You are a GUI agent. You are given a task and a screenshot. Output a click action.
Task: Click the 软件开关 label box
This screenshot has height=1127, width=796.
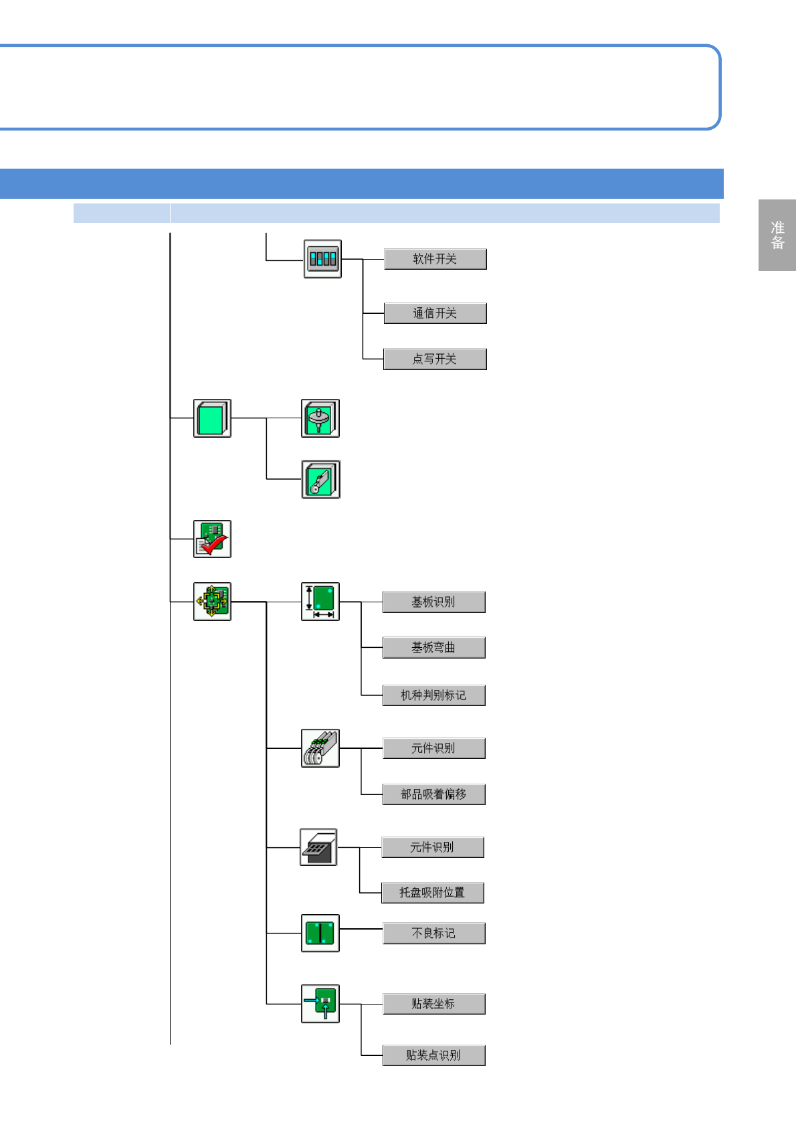click(435, 259)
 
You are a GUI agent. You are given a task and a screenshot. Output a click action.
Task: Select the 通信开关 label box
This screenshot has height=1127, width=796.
click(435, 313)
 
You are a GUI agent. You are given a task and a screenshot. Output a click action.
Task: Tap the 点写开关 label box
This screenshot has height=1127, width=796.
click(435, 359)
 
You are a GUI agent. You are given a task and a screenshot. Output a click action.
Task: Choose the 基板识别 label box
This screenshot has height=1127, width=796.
click(433, 602)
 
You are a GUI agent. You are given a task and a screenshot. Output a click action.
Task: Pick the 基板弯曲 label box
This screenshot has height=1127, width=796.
click(433, 648)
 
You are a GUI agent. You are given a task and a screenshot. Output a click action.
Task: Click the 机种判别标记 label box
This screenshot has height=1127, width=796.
click(433, 695)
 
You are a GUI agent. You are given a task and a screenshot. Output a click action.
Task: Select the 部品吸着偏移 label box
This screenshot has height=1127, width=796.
click(433, 794)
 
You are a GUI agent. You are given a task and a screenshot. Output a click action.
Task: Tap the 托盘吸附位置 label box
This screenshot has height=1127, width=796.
click(432, 893)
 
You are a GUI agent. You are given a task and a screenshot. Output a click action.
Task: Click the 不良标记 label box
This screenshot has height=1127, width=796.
click(433, 934)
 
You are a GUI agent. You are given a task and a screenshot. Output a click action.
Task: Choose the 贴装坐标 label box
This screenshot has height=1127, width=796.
click(433, 1004)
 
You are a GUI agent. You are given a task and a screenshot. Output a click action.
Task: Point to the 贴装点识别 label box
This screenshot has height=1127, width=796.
click(433, 1055)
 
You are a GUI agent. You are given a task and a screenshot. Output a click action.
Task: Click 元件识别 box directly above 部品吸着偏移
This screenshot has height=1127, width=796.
click(433, 748)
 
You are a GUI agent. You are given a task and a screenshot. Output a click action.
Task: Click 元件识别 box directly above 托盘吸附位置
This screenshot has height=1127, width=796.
click(432, 847)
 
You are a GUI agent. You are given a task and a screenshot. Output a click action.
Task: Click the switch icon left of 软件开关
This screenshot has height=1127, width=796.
click(322, 259)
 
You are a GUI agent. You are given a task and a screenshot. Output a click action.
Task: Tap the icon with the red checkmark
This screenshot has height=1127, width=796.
click(212, 539)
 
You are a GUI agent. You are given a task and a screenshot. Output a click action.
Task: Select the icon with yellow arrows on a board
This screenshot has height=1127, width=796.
click(212, 602)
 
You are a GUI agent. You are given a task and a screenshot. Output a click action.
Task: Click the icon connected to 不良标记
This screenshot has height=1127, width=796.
click(320, 933)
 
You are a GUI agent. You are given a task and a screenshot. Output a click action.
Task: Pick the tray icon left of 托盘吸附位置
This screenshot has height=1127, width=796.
click(318, 847)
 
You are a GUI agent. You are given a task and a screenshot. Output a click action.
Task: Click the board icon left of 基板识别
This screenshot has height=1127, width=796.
click(320, 602)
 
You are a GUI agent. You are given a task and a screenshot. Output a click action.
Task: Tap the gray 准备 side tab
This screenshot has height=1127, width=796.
click(777, 235)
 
